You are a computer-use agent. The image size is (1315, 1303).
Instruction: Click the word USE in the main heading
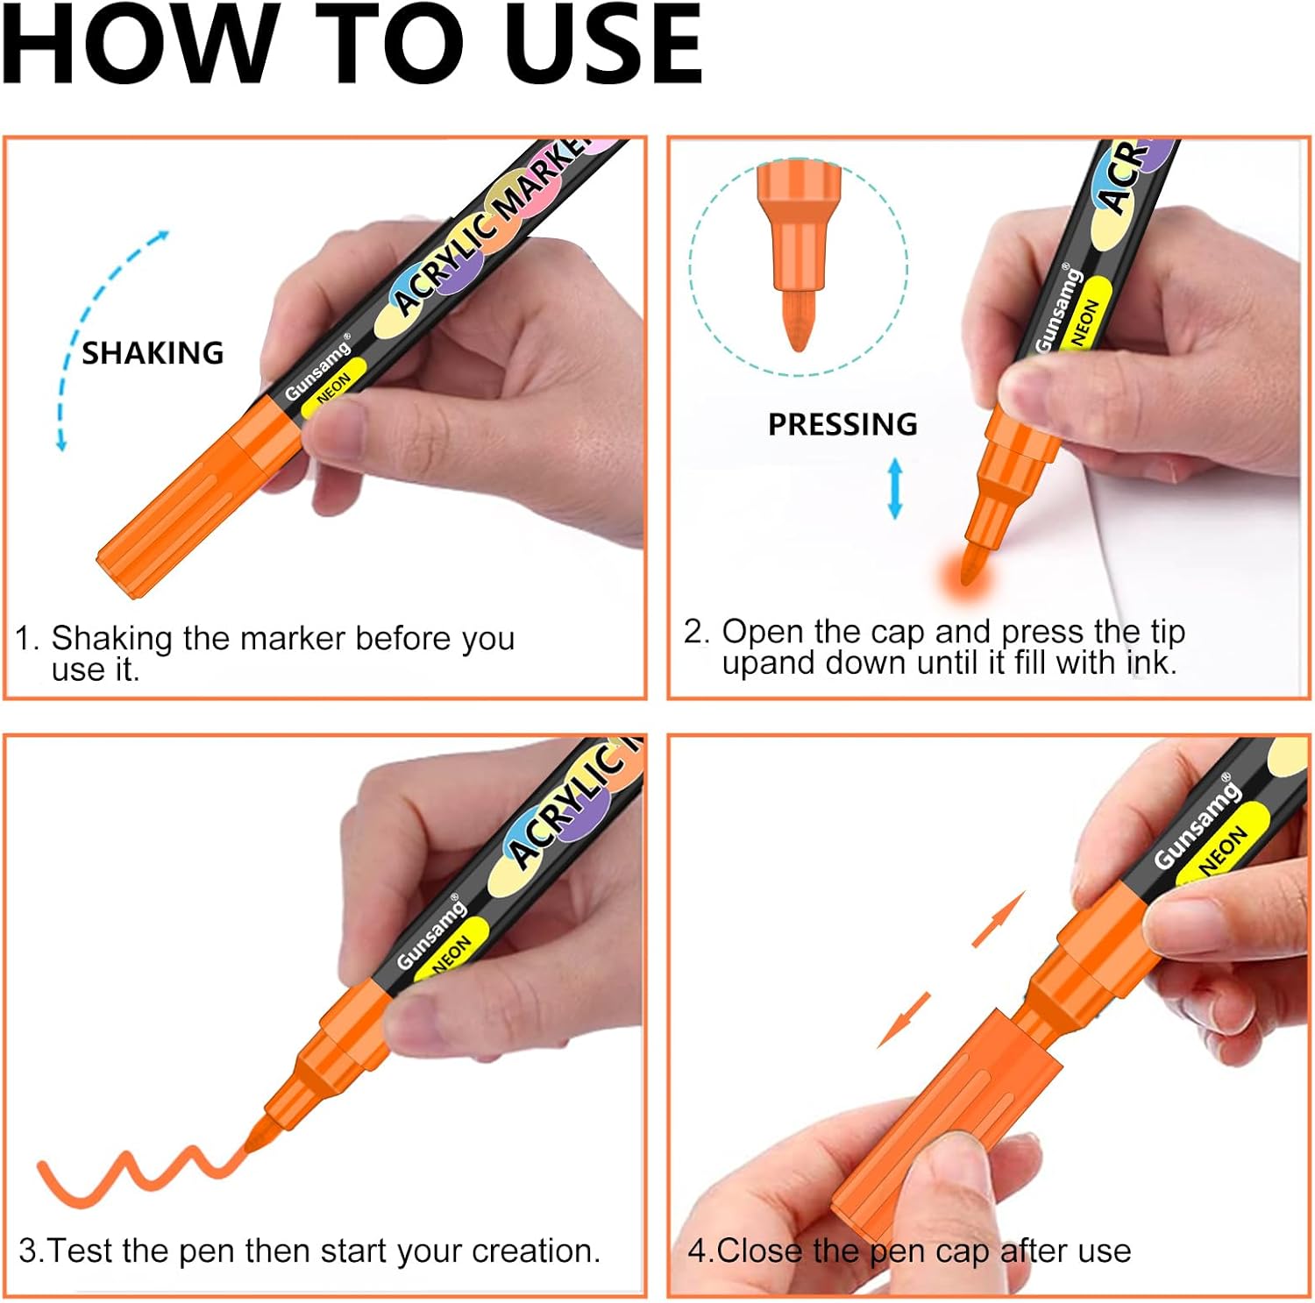[604, 44]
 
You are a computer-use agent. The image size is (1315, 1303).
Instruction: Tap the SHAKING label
[153, 353]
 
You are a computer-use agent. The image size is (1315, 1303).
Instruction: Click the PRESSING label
[842, 424]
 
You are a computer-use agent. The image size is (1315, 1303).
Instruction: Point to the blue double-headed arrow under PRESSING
[895, 488]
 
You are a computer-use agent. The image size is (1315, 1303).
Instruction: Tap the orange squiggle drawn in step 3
[140, 1174]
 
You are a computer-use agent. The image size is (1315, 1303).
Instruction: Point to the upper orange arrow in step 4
[999, 919]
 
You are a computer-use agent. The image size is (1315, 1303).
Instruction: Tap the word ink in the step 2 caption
[1151, 662]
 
